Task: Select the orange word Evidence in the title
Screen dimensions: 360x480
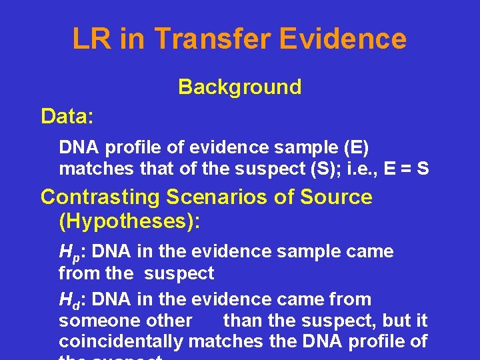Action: pyautogui.click(x=343, y=39)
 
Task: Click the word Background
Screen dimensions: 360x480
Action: pyautogui.click(x=239, y=87)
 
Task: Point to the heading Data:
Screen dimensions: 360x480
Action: pyautogui.click(x=67, y=117)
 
